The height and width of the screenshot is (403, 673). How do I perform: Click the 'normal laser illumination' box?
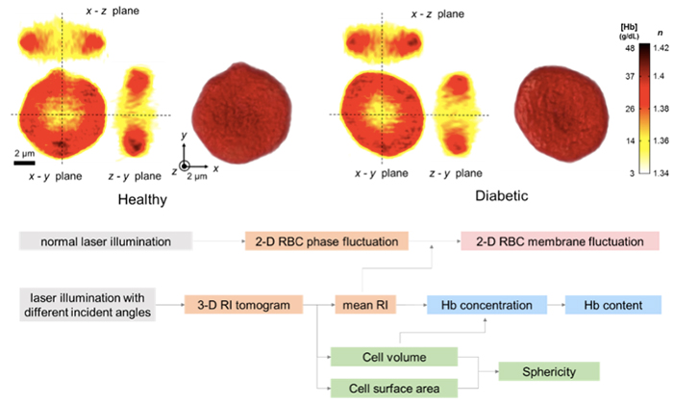click(106, 241)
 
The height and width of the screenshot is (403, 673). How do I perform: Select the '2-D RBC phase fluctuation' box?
click(327, 241)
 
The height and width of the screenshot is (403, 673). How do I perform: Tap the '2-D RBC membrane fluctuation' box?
click(560, 241)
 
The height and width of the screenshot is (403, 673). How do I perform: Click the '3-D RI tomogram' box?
click(244, 305)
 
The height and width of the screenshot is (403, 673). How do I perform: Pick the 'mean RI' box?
click(365, 305)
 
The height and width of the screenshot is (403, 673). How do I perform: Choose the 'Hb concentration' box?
click(486, 305)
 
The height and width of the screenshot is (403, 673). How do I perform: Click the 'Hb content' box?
click(613, 305)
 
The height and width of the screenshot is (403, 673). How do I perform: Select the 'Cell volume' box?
click(394, 357)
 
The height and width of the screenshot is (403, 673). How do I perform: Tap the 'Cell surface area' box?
click(394, 388)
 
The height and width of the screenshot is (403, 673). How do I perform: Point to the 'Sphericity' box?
click(549, 371)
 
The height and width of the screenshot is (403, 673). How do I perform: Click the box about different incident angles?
click(87, 305)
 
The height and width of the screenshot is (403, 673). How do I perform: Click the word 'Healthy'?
click(142, 199)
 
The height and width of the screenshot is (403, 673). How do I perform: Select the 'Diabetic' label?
click(502, 195)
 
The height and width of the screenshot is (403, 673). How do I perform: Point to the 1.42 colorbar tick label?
click(661, 48)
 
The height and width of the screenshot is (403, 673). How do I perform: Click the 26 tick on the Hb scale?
click(630, 109)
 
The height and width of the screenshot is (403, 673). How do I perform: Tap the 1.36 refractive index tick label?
click(661, 140)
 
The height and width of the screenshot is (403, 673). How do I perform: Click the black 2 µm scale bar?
click(24, 163)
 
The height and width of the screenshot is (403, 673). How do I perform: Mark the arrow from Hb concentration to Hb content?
click(556, 305)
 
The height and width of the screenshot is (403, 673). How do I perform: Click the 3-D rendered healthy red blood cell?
click(241, 113)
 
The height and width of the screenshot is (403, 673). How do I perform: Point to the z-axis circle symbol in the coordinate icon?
click(185, 166)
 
